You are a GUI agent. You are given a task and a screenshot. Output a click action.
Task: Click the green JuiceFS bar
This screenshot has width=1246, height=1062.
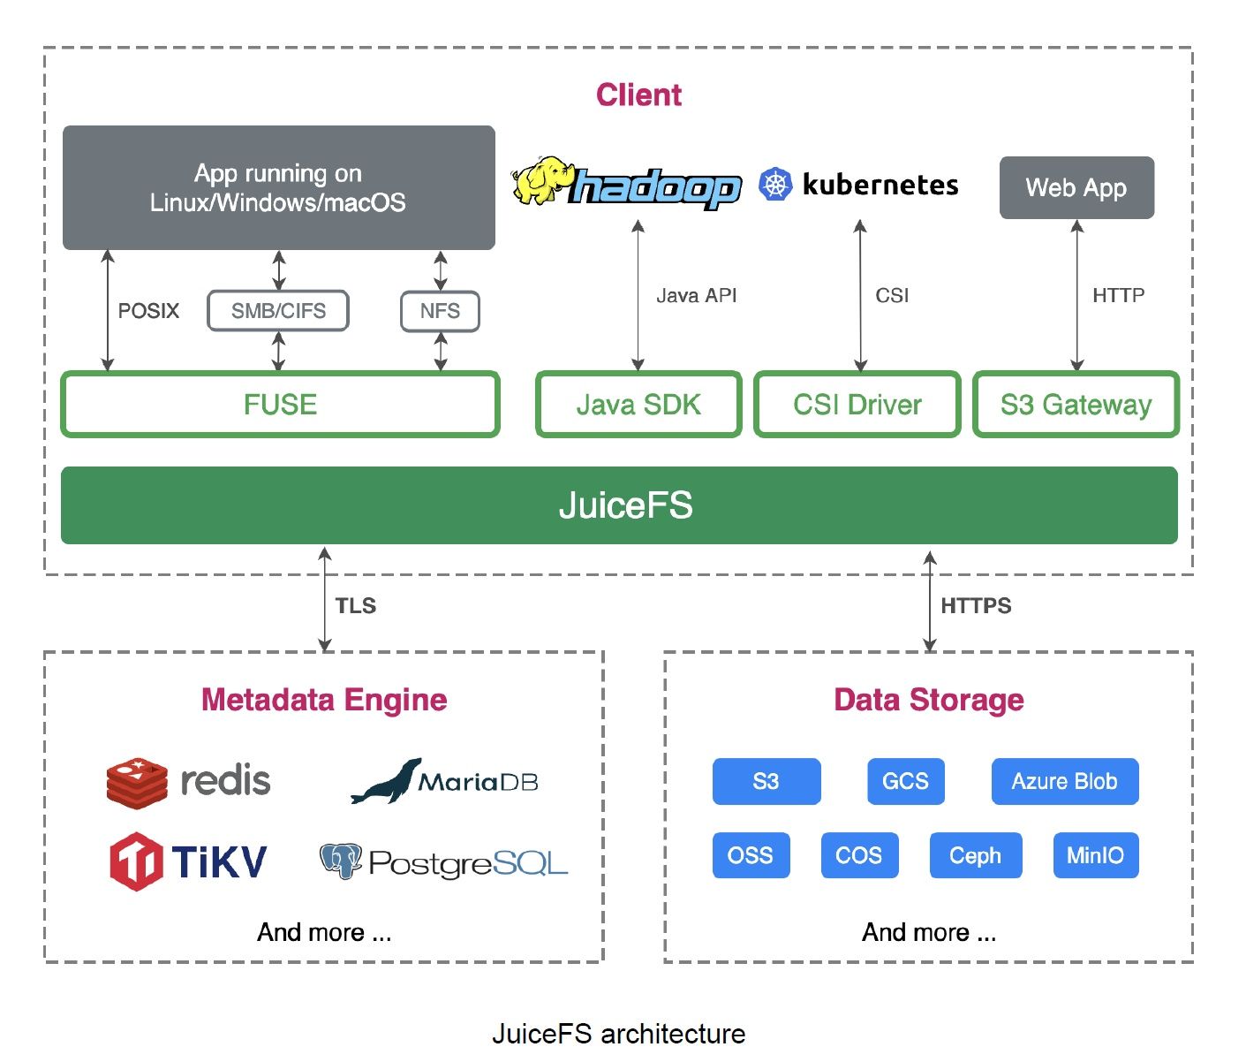point(618,505)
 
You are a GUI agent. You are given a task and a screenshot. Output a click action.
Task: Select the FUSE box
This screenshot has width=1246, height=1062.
point(280,405)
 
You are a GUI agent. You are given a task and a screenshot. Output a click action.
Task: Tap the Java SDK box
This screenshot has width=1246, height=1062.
point(638,405)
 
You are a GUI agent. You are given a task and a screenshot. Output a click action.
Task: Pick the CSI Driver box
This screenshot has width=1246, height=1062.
point(857,405)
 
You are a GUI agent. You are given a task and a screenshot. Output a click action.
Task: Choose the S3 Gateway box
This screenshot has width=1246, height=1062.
point(1076,405)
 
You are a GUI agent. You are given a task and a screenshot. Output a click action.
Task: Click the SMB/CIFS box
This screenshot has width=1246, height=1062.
point(278,311)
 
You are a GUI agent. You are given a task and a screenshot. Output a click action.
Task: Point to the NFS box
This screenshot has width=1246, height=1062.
point(440,311)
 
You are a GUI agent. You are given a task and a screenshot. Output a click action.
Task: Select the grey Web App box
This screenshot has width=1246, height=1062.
point(1076,187)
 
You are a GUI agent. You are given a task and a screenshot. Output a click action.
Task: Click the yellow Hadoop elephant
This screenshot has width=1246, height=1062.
point(540,180)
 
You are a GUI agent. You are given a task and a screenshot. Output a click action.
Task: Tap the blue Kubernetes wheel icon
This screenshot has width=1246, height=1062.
point(775,184)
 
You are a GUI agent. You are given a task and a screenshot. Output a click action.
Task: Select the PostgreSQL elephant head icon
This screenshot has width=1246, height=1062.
point(341,861)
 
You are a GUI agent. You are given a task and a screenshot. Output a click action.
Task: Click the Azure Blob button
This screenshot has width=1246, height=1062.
point(1064,781)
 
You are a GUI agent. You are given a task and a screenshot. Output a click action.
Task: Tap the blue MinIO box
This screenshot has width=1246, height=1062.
point(1095,855)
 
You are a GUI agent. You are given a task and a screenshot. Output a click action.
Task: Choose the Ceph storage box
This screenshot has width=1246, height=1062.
point(975,855)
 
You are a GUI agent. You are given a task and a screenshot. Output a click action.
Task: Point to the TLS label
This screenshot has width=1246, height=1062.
point(356,606)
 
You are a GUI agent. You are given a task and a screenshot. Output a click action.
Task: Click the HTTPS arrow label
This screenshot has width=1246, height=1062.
point(976,606)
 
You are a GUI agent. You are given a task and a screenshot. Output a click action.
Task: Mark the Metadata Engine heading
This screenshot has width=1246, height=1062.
point(324,700)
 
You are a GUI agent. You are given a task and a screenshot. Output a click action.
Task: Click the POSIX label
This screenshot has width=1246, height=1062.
point(148,311)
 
